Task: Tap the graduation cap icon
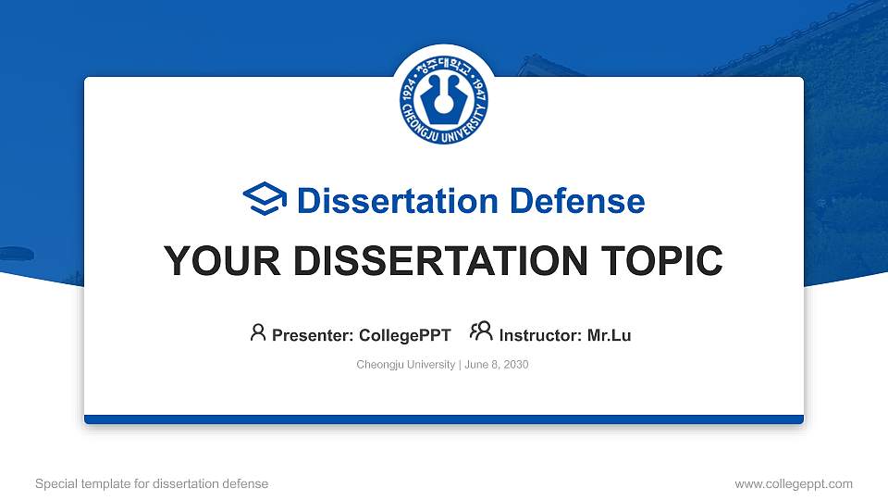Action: click(x=265, y=200)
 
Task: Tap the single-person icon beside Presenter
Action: click(x=258, y=332)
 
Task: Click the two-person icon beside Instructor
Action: click(x=481, y=332)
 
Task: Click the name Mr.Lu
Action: click(x=609, y=335)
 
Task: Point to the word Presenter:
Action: click(x=309, y=335)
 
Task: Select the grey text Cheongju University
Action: click(x=405, y=365)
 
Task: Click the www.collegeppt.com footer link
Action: click(x=794, y=483)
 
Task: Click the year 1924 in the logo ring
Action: click(x=409, y=91)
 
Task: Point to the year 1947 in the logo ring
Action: click(x=480, y=91)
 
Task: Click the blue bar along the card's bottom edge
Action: click(x=444, y=419)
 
